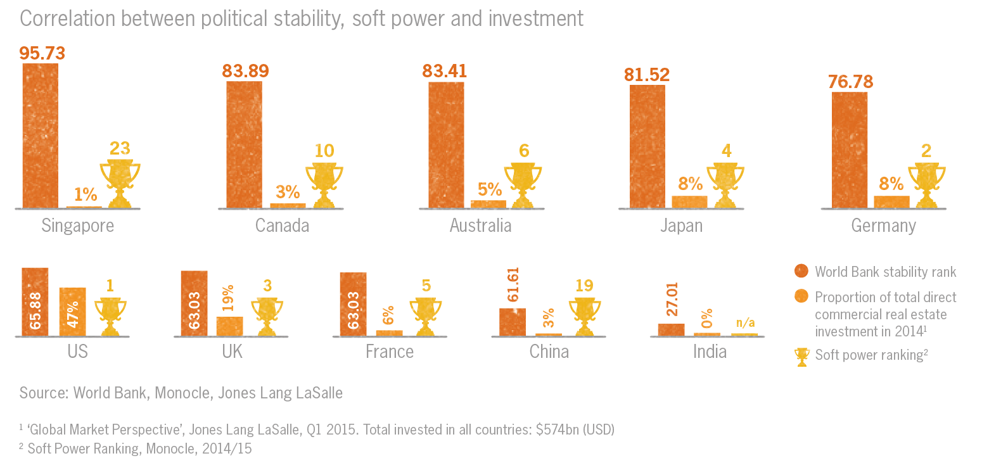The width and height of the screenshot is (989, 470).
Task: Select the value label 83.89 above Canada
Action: pos(245,70)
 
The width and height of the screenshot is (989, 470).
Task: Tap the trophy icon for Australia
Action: pos(523,186)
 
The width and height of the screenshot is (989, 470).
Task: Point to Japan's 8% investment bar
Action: pos(689,201)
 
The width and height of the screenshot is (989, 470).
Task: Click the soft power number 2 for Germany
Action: pos(926,151)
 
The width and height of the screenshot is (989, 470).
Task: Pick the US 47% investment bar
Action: pos(73,311)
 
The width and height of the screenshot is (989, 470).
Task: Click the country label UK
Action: pos(233,352)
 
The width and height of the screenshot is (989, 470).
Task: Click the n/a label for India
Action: pos(744,322)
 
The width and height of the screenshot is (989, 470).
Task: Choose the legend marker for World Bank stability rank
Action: pos(801,272)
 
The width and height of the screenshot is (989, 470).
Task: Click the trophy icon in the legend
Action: pos(801,357)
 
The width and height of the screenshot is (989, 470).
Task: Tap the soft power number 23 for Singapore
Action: pos(120,148)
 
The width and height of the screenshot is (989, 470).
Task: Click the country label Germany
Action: pos(883,225)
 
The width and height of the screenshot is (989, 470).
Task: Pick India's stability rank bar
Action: pos(671,329)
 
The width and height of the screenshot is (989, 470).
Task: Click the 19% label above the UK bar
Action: pos(229,296)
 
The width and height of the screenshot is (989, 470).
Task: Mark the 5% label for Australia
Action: pos(489,189)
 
